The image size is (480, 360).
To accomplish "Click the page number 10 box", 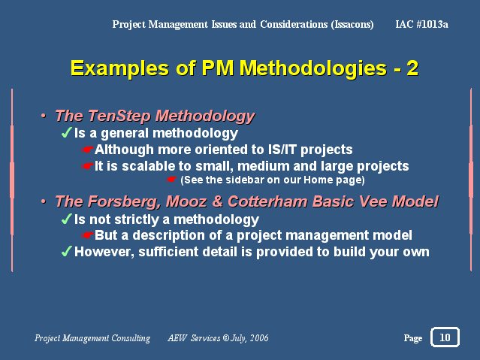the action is click(445, 337).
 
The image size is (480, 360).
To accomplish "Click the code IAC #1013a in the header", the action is click(421, 24).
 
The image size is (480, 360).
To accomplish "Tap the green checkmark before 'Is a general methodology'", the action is click(66, 133).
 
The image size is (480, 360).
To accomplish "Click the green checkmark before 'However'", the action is click(66, 251).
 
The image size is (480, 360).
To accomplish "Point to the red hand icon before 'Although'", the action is click(88, 150).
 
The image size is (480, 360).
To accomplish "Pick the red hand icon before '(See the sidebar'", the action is click(171, 179).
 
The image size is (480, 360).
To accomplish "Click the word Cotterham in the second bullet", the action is click(267, 201).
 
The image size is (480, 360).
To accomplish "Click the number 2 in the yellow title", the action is click(412, 68).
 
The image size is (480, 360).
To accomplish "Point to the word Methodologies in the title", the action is click(312, 68).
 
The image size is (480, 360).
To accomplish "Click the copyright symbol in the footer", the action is click(226, 338).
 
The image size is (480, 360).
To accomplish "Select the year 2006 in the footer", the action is click(259, 338).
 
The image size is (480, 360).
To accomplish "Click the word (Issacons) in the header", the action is click(352, 24).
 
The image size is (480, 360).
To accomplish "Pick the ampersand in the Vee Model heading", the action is click(217, 201).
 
